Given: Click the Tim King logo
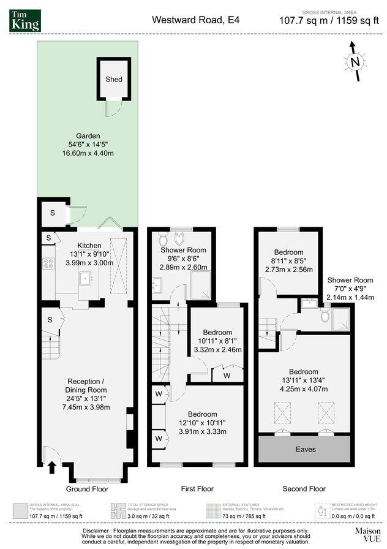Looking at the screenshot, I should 25,20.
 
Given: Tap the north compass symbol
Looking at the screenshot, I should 353,61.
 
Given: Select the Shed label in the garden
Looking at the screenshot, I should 114,80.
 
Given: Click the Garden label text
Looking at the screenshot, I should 88,136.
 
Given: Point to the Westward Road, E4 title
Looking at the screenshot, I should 196,20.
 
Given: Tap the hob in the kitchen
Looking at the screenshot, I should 48,264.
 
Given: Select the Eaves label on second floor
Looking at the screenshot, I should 306,449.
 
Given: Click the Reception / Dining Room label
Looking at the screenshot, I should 86,385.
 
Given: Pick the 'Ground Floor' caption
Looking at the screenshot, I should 87,489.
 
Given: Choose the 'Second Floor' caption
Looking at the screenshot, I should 304,489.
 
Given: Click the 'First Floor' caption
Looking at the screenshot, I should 197,489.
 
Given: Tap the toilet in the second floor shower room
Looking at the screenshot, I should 324,314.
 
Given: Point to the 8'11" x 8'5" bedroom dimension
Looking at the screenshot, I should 288,261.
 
